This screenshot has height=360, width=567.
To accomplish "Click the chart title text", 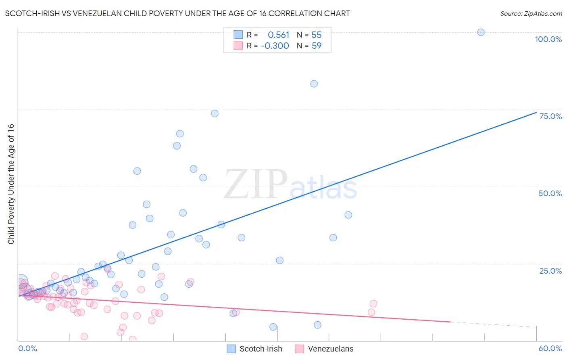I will tap(177, 13).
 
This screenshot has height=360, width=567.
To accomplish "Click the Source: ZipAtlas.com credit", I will tap(531, 13).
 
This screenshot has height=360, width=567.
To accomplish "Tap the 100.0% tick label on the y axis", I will tap(548, 39).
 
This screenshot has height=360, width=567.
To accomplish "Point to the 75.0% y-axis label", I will tap(550, 116).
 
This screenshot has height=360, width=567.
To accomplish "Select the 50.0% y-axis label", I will tap(550, 193).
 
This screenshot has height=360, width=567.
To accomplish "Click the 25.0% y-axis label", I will tap(550, 271).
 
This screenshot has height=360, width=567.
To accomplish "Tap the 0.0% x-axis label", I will tap(27, 348).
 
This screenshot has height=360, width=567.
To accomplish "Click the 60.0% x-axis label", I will tap(550, 348).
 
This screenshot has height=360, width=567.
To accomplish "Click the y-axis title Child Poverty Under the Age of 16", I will tap(11, 184).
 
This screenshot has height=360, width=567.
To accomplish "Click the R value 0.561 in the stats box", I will tap(278, 35).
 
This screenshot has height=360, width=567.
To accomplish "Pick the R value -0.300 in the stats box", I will tap(275, 46).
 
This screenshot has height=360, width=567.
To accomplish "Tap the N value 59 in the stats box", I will tap(317, 46).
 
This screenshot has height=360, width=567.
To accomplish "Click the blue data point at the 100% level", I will tap(481, 32).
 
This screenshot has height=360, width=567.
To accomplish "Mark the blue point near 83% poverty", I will tap(314, 84).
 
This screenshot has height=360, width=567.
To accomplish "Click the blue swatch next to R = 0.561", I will tap(238, 35).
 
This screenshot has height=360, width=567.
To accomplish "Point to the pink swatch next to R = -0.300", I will tap(238, 46).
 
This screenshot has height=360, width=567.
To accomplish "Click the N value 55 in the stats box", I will tap(317, 35).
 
